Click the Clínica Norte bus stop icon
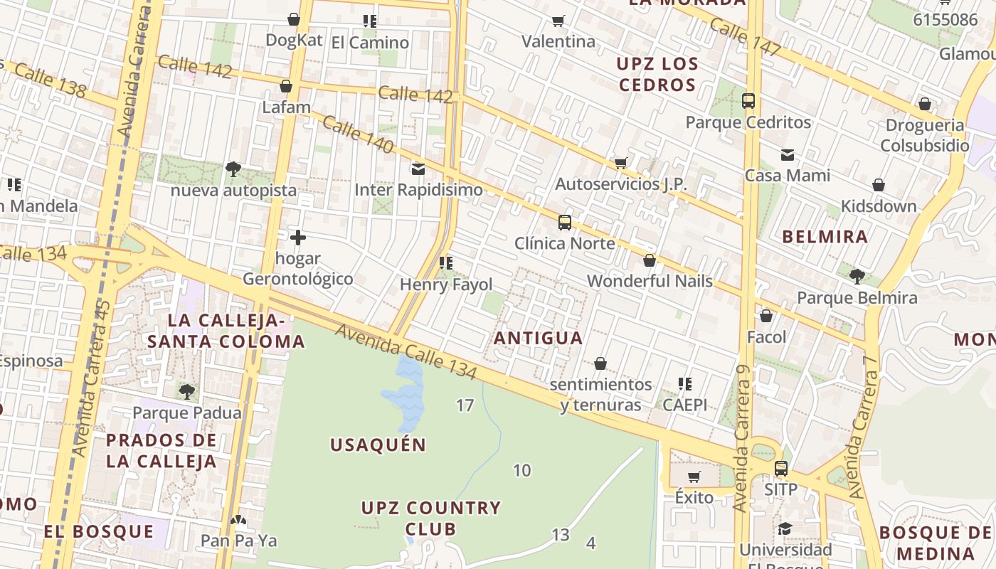tap(565, 223)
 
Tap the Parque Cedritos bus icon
tap(748, 101)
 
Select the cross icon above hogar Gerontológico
tap(298, 238)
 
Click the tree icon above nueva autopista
tap(233, 169)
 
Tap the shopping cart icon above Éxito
tap(694, 477)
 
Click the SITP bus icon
tap(780, 469)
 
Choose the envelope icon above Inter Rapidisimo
tap(418, 169)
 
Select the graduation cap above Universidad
tap(785, 528)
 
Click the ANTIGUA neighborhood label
tap(539, 339)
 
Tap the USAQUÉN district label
tap(378, 445)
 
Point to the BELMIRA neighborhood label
tap(825, 237)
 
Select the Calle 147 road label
tap(746, 36)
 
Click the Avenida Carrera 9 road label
tap(742, 447)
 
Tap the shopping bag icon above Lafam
tap(286, 87)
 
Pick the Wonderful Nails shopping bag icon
tap(650, 261)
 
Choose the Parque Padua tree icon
tap(186, 391)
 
